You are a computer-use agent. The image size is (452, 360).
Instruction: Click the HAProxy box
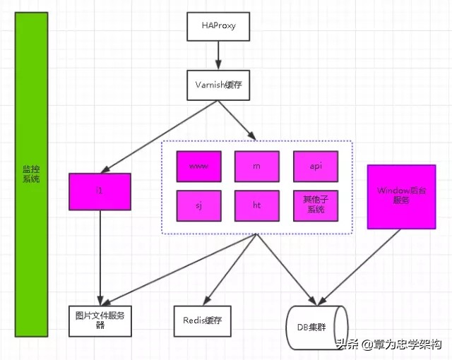[x=218, y=27]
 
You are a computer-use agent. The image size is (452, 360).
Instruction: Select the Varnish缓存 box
[x=218, y=85]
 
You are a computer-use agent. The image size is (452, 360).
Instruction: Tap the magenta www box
[x=198, y=166]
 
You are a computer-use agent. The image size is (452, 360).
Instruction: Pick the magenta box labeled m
[x=257, y=166]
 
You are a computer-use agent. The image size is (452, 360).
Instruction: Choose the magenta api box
[x=316, y=166]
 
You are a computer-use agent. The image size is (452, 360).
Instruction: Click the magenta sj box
[x=198, y=205]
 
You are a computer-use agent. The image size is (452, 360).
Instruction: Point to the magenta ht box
[x=257, y=205]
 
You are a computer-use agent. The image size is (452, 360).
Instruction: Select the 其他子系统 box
[x=316, y=205]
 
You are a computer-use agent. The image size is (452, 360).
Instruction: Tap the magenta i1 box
[x=100, y=191]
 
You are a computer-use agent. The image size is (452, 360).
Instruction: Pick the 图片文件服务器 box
[x=100, y=319]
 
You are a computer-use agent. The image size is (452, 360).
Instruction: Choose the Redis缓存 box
[x=202, y=320]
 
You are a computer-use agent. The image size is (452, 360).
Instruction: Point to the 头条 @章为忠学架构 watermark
[x=388, y=345]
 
